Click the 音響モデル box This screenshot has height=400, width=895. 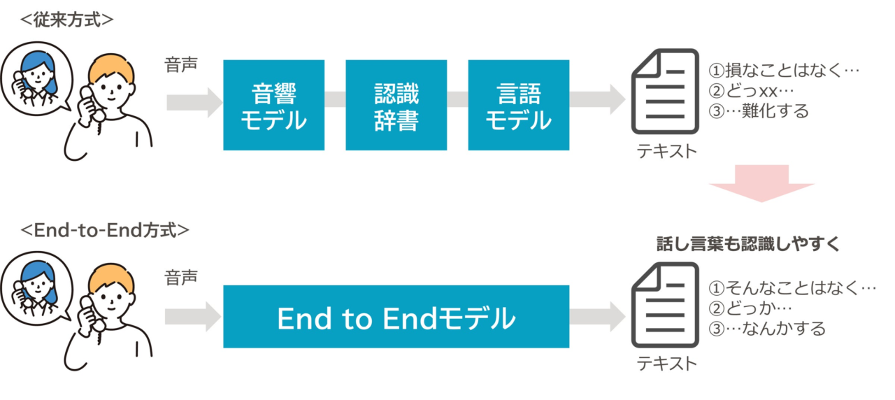pos(273,105)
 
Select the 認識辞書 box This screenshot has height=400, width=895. pos(396,105)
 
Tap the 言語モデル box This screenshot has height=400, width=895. pos(519,105)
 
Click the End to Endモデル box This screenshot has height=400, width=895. pos(396,317)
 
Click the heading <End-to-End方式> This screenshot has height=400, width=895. pos(105,230)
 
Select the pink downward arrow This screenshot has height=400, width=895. pos(761,183)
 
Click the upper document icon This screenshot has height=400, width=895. pos(665,92)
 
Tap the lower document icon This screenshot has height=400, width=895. pos(665,305)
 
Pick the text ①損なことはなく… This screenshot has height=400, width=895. pos(784,71)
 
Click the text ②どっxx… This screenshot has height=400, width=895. pos(751,91)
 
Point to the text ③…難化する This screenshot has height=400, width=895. pos(759,111)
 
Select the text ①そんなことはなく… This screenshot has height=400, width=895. pos(792,287)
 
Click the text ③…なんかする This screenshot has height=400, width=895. pos(767,329)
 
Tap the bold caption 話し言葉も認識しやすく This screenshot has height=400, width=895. pos(748,244)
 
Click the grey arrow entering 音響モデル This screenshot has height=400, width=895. pos(194,103)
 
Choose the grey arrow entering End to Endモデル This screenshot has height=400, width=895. pos(193,317)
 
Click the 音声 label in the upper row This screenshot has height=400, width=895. pos(181,65)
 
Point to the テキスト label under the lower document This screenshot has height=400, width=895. pos(666,364)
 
